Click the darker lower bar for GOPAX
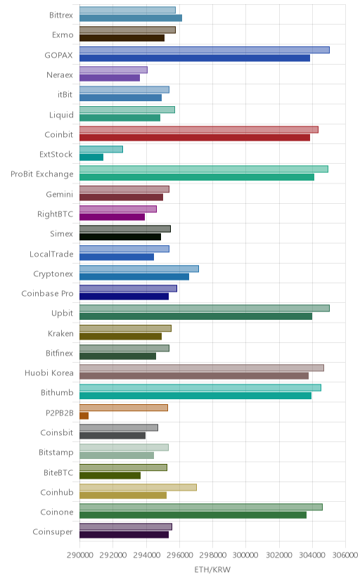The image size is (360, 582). tap(195, 58)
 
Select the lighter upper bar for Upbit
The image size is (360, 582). tap(205, 308)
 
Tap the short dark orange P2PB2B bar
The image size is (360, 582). tap(84, 415)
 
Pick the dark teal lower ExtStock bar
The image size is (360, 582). tap(91, 157)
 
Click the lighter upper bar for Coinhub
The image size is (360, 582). tap(138, 487)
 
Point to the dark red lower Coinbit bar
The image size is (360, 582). tap(195, 137)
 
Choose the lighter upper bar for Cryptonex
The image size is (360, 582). tap(139, 269)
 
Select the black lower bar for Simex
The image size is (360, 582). tap(120, 237)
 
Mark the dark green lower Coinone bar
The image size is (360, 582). tap(193, 515)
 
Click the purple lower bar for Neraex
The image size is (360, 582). tap(110, 77)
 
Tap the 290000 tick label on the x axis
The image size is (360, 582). tap(79, 555)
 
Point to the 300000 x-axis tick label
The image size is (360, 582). tap(245, 555)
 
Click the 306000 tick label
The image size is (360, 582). tap(345, 555)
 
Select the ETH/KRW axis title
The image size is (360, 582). tap(212, 570)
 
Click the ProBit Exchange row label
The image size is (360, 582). tap(42, 174)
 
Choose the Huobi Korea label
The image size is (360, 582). tap(49, 373)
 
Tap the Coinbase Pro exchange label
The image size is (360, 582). tap(48, 294)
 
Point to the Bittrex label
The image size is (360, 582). tap(61, 15)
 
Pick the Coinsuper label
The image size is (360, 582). tap(53, 532)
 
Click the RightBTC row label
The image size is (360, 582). tap(56, 214)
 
